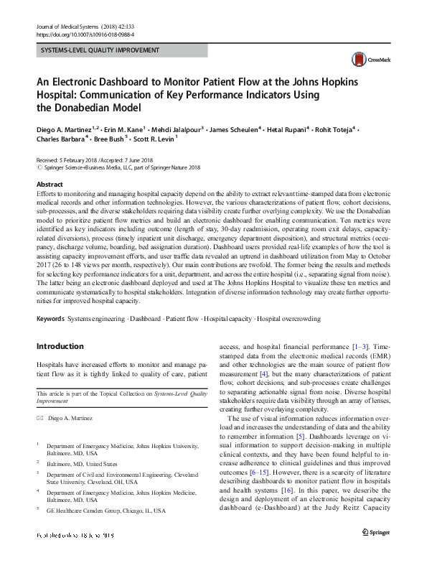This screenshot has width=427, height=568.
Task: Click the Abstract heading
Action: coord(48,185)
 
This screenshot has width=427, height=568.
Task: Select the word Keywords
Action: coord(50,318)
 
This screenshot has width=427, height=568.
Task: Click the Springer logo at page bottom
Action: coord(376,553)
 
